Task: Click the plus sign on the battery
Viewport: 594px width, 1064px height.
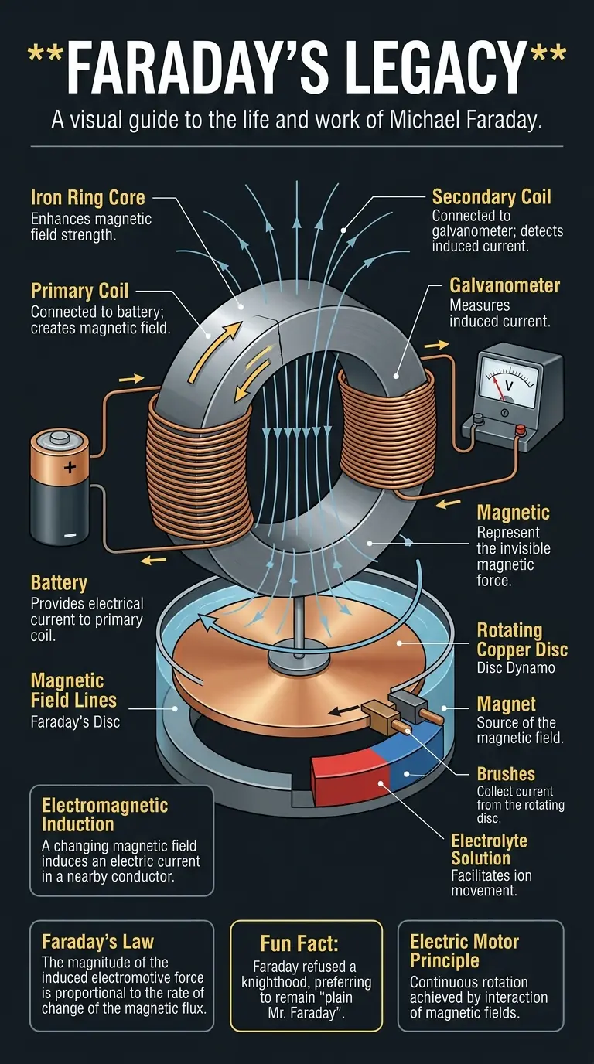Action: pyautogui.click(x=70, y=467)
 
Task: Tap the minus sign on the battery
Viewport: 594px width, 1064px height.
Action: pyautogui.click(x=70, y=534)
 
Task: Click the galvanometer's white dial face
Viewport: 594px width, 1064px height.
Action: pyautogui.click(x=509, y=379)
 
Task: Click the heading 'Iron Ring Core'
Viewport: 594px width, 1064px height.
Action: pyautogui.click(x=87, y=198)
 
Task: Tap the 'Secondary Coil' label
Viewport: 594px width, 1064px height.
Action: pyautogui.click(x=493, y=197)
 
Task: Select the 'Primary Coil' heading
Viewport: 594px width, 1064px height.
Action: pyautogui.click(x=80, y=291)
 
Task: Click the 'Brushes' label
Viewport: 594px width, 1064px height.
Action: pyautogui.click(x=506, y=774)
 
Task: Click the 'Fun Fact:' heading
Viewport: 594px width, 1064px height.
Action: pyautogui.click(x=306, y=944)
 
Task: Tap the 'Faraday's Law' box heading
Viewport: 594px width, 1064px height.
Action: pyautogui.click(x=97, y=942)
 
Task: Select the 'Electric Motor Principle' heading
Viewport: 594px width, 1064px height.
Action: pyautogui.click(x=464, y=951)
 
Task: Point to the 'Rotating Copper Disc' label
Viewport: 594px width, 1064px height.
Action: pyautogui.click(x=521, y=639)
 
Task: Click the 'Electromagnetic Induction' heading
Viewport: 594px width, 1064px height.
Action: pyautogui.click(x=104, y=815)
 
